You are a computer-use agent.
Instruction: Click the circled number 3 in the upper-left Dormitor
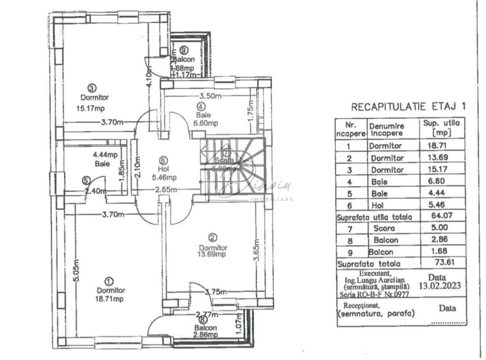coord(91,86)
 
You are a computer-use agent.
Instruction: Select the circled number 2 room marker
coord(213,238)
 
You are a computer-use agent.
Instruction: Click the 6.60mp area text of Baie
coord(206,123)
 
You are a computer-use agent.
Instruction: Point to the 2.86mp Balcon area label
coord(206,335)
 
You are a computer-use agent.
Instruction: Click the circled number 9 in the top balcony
coord(184,50)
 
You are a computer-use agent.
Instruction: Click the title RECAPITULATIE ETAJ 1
coord(410,106)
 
